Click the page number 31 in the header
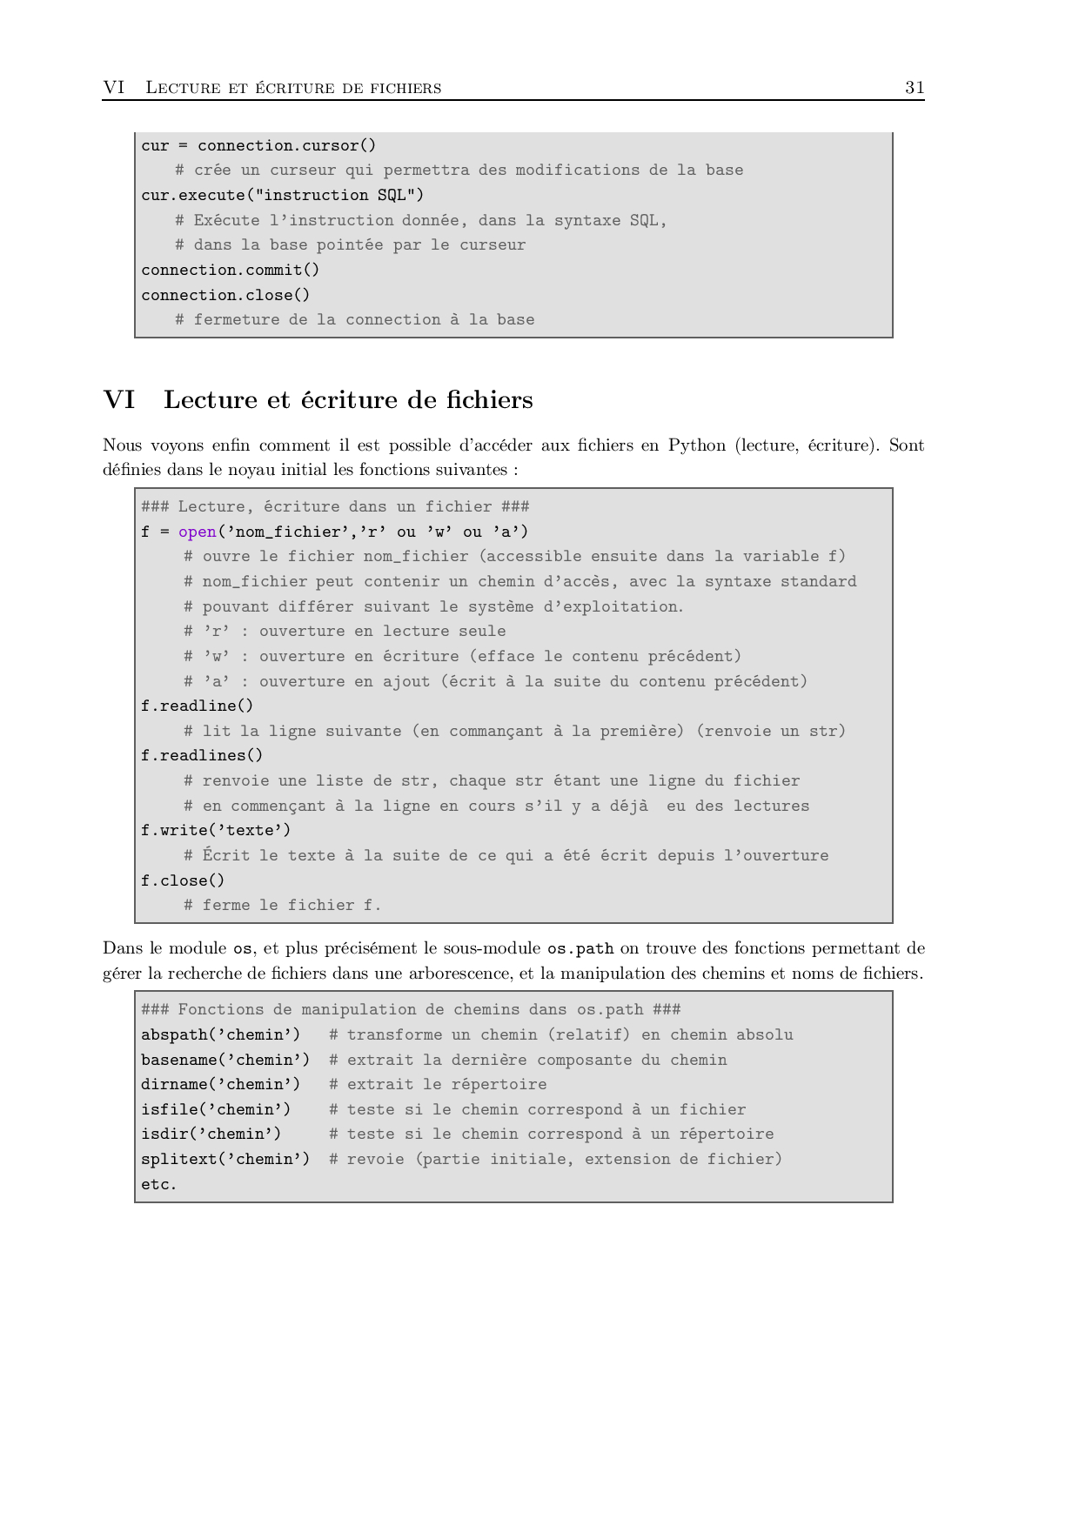click(915, 87)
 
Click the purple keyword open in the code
click(197, 532)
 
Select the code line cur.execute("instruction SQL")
click(283, 195)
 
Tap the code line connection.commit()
click(231, 270)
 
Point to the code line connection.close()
click(225, 295)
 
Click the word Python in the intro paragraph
click(696, 445)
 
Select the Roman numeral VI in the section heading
click(119, 400)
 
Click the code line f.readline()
click(198, 706)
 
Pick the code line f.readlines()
click(202, 755)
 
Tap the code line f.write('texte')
click(216, 830)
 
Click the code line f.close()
click(183, 880)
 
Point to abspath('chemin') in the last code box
click(220, 1034)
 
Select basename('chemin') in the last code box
click(225, 1060)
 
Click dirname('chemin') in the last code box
click(220, 1084)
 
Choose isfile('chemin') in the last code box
click(216, 1109)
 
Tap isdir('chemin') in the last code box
click(211, 1134)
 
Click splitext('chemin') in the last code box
click(225, 1159)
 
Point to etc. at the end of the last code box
click(159, 1184)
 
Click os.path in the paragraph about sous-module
click(580, 948)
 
